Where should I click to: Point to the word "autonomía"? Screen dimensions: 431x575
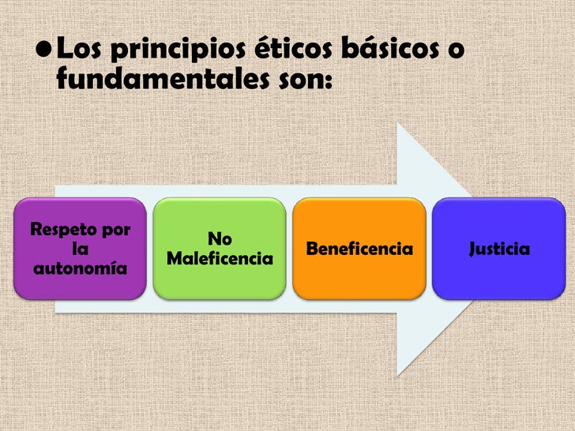(x=80, y=268)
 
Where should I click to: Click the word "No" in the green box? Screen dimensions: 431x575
(x=220, y=239)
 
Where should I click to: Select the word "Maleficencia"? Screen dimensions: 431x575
(x=220, y=258)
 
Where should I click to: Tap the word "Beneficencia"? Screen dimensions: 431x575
(x=359, y=249)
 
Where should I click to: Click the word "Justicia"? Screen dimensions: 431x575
(x=499, y=249)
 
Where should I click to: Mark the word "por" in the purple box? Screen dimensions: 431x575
(x=115, y=230)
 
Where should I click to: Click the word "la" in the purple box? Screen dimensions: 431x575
(x=80, y=249)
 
